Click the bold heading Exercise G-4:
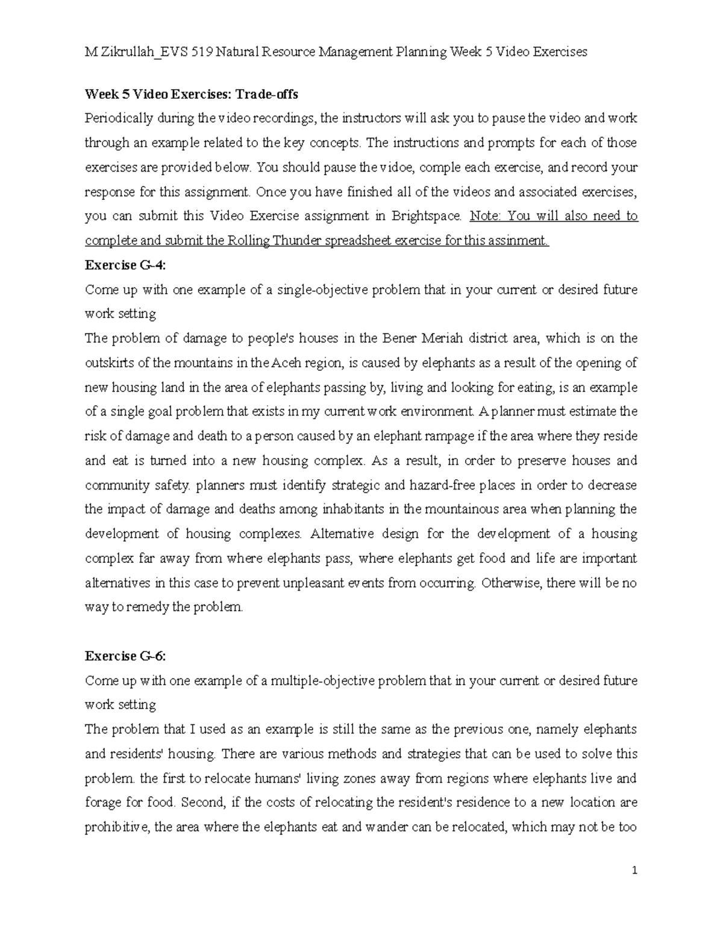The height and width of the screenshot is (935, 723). pos(125,265)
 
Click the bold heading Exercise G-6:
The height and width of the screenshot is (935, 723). pos(125,656)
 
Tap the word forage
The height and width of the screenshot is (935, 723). pos(102,803)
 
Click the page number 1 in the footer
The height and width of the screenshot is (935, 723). pos(634,871)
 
